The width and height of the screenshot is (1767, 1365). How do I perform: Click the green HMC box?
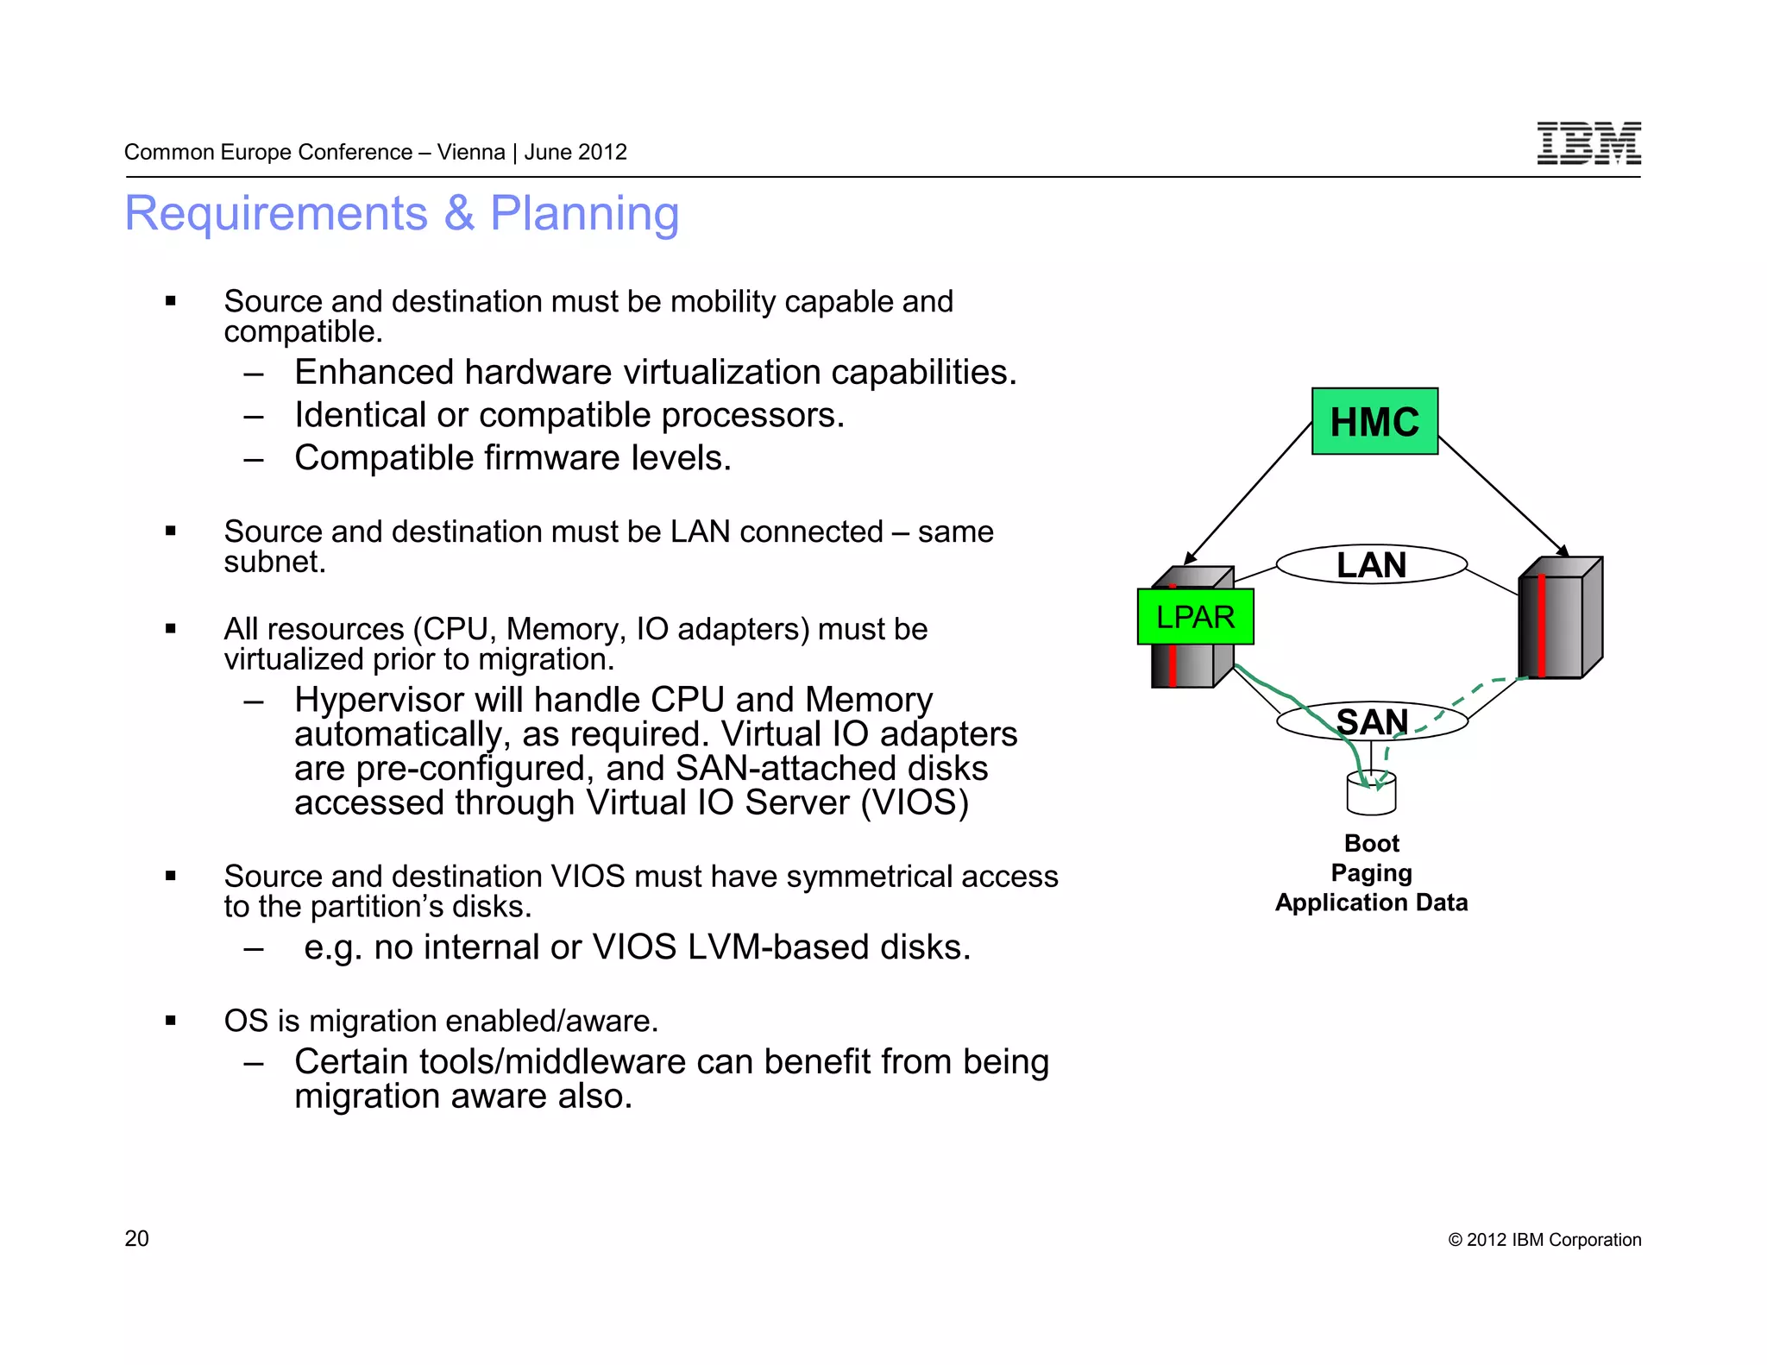1374,421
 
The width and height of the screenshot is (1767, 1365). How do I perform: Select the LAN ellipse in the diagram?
1371,565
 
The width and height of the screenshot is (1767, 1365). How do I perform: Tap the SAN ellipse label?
1372,721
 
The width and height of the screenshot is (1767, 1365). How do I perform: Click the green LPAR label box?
1195,617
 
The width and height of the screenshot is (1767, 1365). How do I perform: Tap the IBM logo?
1588,143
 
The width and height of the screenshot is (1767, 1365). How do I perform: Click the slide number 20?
136,1238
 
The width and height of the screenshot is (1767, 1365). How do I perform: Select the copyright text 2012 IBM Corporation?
1544,1240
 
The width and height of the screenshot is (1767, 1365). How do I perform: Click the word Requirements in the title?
276,213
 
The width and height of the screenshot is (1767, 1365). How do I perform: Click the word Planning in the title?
584,213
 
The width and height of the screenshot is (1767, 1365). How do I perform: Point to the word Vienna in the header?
470,152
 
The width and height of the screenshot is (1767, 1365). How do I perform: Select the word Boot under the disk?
1371,843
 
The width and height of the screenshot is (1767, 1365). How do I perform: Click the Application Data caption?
1371,903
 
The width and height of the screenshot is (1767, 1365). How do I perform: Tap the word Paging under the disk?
1371,873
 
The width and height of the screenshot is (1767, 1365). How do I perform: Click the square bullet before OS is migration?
171,1021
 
